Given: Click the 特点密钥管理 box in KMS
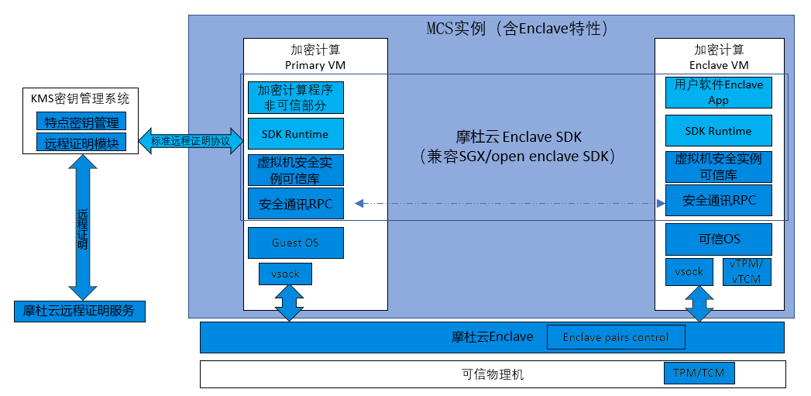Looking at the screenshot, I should (x=81, y=122).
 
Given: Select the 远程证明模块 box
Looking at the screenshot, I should (x=81, y=143).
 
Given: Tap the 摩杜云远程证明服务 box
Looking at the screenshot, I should (x=79, y=311).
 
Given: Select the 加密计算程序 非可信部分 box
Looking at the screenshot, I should (x=295, y=98).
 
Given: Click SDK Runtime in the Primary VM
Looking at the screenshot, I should (x=295, y=134).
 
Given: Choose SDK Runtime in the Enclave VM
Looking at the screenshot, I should (x=718, y=131).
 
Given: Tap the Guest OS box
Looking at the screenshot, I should (x=295, y=243).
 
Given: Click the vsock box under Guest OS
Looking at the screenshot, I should (x=285, y=274).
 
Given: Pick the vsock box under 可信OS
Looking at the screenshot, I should (x=689, y=271).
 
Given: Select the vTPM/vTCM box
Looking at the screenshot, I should (x=747, y=271).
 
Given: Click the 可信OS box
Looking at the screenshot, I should (x=718, y=239).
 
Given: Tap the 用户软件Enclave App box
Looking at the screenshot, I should (x=718, y=92).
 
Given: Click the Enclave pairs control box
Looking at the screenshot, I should (x=617, y=337).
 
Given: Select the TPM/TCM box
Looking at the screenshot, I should (x=699, y=374).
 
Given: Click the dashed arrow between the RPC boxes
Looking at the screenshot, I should (x=510, y=203).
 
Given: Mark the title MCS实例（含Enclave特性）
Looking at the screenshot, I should (x=518, y=29).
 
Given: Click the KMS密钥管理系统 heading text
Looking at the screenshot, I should (x=81, y=98).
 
